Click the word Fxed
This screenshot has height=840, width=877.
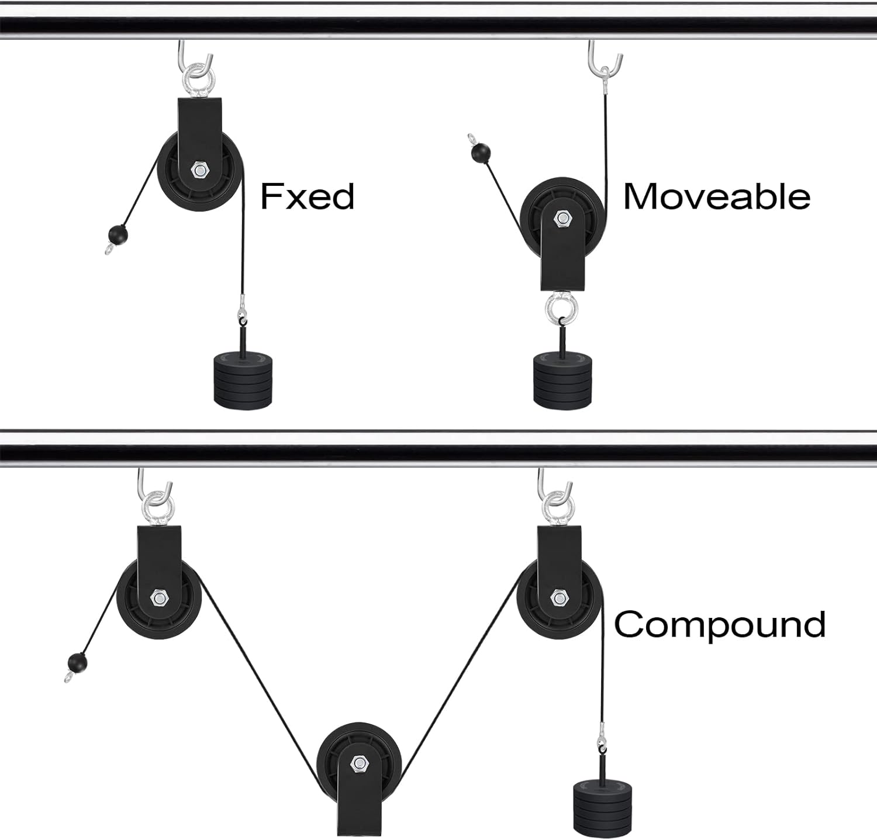coord(307,196)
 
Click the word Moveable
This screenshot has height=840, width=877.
coord(716,196)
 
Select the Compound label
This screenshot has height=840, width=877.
coord(719,624)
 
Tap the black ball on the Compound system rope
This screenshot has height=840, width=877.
coord(78,663)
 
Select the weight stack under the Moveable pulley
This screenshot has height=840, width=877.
coord(562,381)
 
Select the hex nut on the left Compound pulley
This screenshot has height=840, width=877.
coord(158,598)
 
